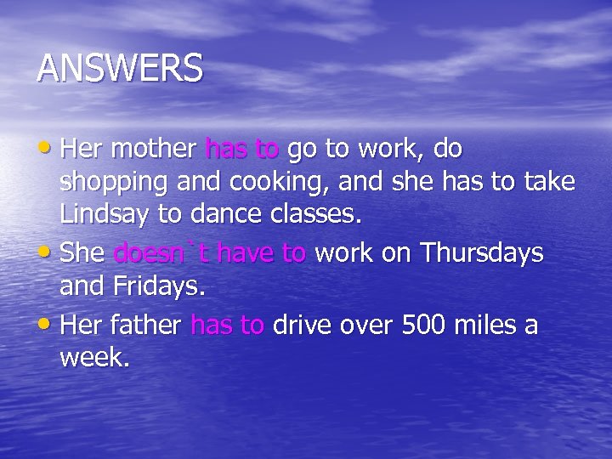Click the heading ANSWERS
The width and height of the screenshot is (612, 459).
click(x=120, y=68)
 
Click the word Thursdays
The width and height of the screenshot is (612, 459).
click(x=481, y=253)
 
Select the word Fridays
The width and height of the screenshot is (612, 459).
click(x=160, y=286)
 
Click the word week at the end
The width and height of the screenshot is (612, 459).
click(x=94, y=359)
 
